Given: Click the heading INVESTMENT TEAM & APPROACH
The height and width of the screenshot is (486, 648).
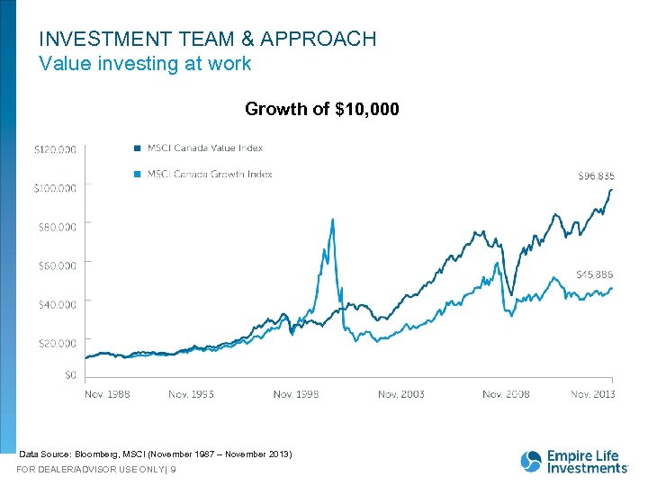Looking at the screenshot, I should (208, 39).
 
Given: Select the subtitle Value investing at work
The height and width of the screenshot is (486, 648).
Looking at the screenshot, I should (145, 64).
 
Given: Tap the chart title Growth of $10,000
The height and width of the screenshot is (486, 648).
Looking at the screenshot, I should (322, 110).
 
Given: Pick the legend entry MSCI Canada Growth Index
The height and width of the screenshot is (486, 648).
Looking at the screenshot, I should (210, 174).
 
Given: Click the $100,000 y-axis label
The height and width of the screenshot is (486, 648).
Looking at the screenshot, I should (55, 188).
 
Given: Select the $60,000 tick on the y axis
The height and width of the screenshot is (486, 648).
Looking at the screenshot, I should (57, 265).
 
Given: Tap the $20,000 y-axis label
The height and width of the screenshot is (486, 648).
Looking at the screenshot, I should (57, 343).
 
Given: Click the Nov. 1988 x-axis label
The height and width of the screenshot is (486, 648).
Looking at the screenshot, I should (107, 394).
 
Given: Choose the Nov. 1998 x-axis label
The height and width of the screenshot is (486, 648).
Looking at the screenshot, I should (296, 394).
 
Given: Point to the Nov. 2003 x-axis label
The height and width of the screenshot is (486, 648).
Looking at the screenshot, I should (400, 394).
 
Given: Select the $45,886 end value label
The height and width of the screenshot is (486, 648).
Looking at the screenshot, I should (596, 274).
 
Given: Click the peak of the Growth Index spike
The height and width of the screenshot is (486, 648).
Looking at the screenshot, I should (333, 219).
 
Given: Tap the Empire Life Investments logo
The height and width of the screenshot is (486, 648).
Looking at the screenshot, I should (573, 461).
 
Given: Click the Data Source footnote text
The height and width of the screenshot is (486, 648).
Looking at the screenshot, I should (155, 454).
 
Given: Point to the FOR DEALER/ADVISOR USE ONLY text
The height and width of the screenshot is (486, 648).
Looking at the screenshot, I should (96, 470).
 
